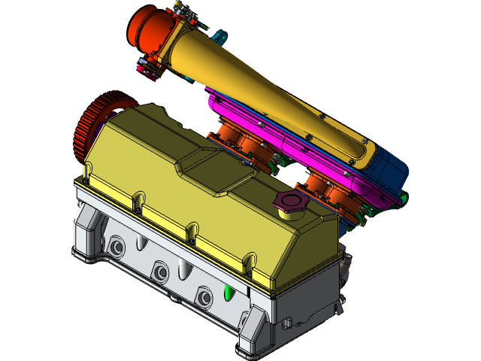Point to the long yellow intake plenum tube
click(263, 90)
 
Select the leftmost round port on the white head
click(116, 247)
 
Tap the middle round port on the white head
click(159, 272)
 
